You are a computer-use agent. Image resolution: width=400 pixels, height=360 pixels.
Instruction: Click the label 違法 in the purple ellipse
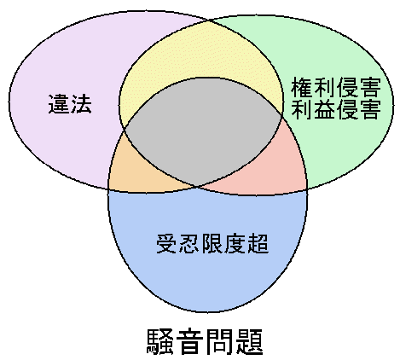[70, 104]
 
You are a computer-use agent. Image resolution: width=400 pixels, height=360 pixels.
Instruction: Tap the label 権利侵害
[335, 87]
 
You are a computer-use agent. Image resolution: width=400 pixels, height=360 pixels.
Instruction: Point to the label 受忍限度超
[212, 243]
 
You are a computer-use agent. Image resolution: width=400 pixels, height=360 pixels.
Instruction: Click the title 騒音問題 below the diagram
[204, 341]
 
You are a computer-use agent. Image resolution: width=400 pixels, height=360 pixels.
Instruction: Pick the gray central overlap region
[203, 131]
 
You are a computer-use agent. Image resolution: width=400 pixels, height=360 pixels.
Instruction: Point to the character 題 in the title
[249, 341]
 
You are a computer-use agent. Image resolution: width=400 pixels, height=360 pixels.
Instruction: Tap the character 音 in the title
[189, 341]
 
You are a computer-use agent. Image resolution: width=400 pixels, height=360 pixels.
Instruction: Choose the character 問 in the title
[219, 341]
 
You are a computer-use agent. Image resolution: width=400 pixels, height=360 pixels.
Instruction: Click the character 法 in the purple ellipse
[81, 104]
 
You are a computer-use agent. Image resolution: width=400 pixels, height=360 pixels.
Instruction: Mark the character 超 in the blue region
[258, 243]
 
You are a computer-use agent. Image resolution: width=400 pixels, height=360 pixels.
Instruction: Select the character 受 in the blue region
[167, 243]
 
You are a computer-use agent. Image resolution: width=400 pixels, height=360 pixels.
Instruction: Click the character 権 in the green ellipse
[302, 87]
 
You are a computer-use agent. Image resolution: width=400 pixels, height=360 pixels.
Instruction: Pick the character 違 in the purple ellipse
[59, 104]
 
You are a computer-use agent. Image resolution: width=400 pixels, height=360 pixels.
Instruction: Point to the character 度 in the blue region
[235, 243]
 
